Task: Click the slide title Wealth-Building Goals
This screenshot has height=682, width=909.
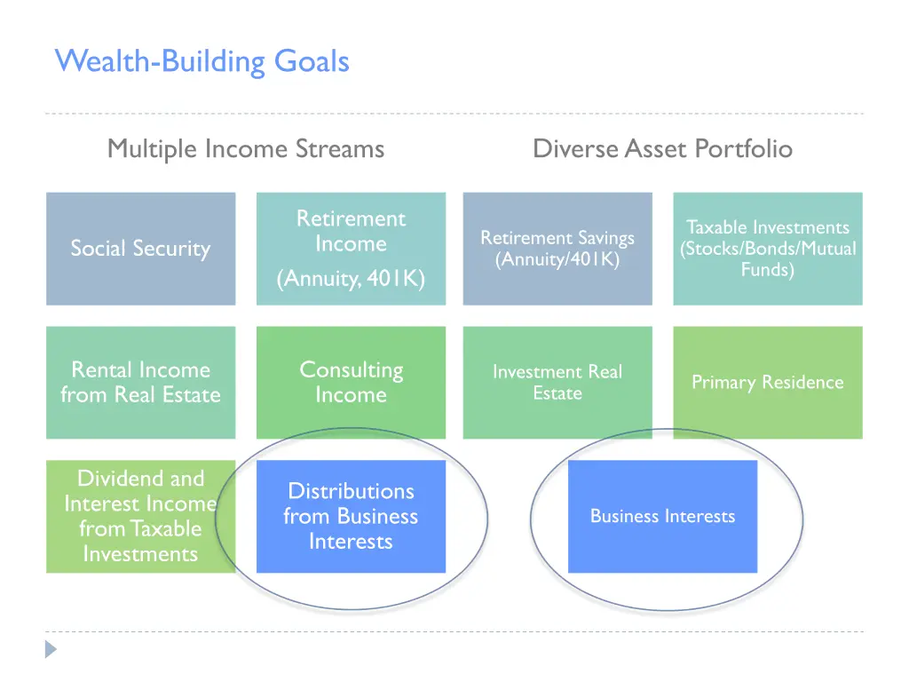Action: pyautogui.click(x=202, y=61)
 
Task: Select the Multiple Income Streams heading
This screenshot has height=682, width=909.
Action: pyautogui.click(x=246, y=148)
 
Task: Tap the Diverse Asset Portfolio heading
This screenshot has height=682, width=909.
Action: pyautogui.click(x=662, y=148)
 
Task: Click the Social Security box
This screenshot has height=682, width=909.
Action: pyautogui.click(x=140, y=249)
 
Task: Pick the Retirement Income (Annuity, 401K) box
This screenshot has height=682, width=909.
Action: pyautogui.click(x=351, y=249)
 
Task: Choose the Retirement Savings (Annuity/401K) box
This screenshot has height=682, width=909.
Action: pyautogui.click(x=557, y=249)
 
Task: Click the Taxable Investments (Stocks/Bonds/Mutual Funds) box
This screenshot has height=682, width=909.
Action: pyautogui.click(x=767, y=249)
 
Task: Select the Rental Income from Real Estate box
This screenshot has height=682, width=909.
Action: pyautogui.click(x=140, y=382)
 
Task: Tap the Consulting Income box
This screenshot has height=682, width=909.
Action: pyautogui.click(x=351, y=382)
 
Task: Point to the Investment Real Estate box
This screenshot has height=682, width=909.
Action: pyautogui.click(x=557, y=382)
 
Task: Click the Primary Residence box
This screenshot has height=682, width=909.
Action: pyautogui.click(x=767, y=382)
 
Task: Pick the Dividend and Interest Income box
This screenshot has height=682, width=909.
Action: pyautogui.click(x=140, y=516)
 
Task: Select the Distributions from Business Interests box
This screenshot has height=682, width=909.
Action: pyautogui.click(x=351, y=516)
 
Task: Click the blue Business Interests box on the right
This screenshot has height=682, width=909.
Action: pyautogui.click(x=662, y=516)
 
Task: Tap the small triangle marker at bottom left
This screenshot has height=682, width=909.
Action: pyautogui.click(x=51, y=649)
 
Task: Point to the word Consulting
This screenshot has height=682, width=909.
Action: pyautogui.click(x=351, y=369)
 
